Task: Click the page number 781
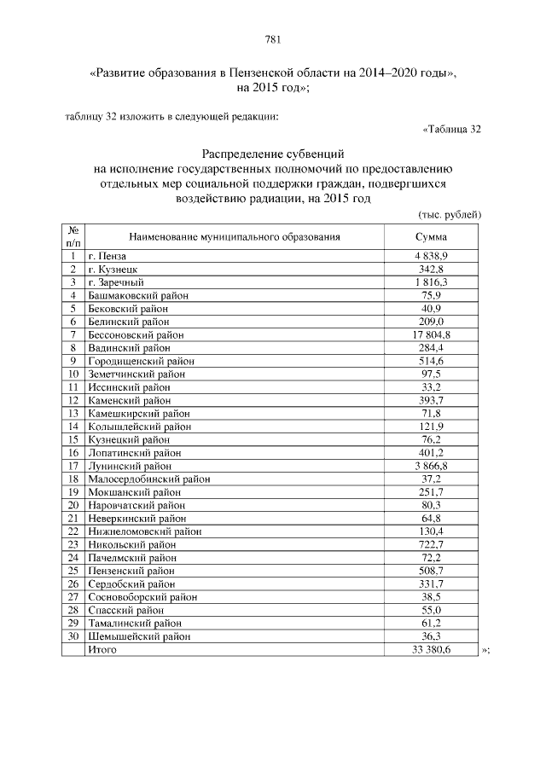[273, 39]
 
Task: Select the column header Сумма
[431, 237]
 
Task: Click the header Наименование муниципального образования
[235, 237]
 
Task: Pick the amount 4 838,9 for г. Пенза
[431, 256]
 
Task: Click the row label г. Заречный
[116, 282]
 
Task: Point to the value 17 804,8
[431, 335]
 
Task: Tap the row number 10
[73, 374]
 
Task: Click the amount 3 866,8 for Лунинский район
[431, 466]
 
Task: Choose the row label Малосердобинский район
[148, 479]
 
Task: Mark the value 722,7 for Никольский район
[431, 544]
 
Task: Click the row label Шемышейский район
[139, 636]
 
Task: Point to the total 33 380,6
[431, 649]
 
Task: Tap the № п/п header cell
[73, 237]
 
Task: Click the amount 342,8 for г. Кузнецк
[431, 270]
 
